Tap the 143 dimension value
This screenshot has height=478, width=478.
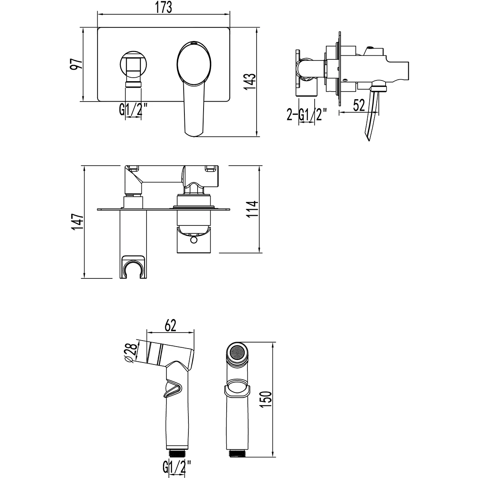pyautogui.click(x=249, y=82)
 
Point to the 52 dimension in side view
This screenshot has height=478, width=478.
pyautogui.click(x=359, y=106)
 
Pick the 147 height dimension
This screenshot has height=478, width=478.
pyautogui.click(x=76, y=221)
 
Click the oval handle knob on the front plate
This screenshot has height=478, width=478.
pyautogui.click(x=194, y=64)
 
